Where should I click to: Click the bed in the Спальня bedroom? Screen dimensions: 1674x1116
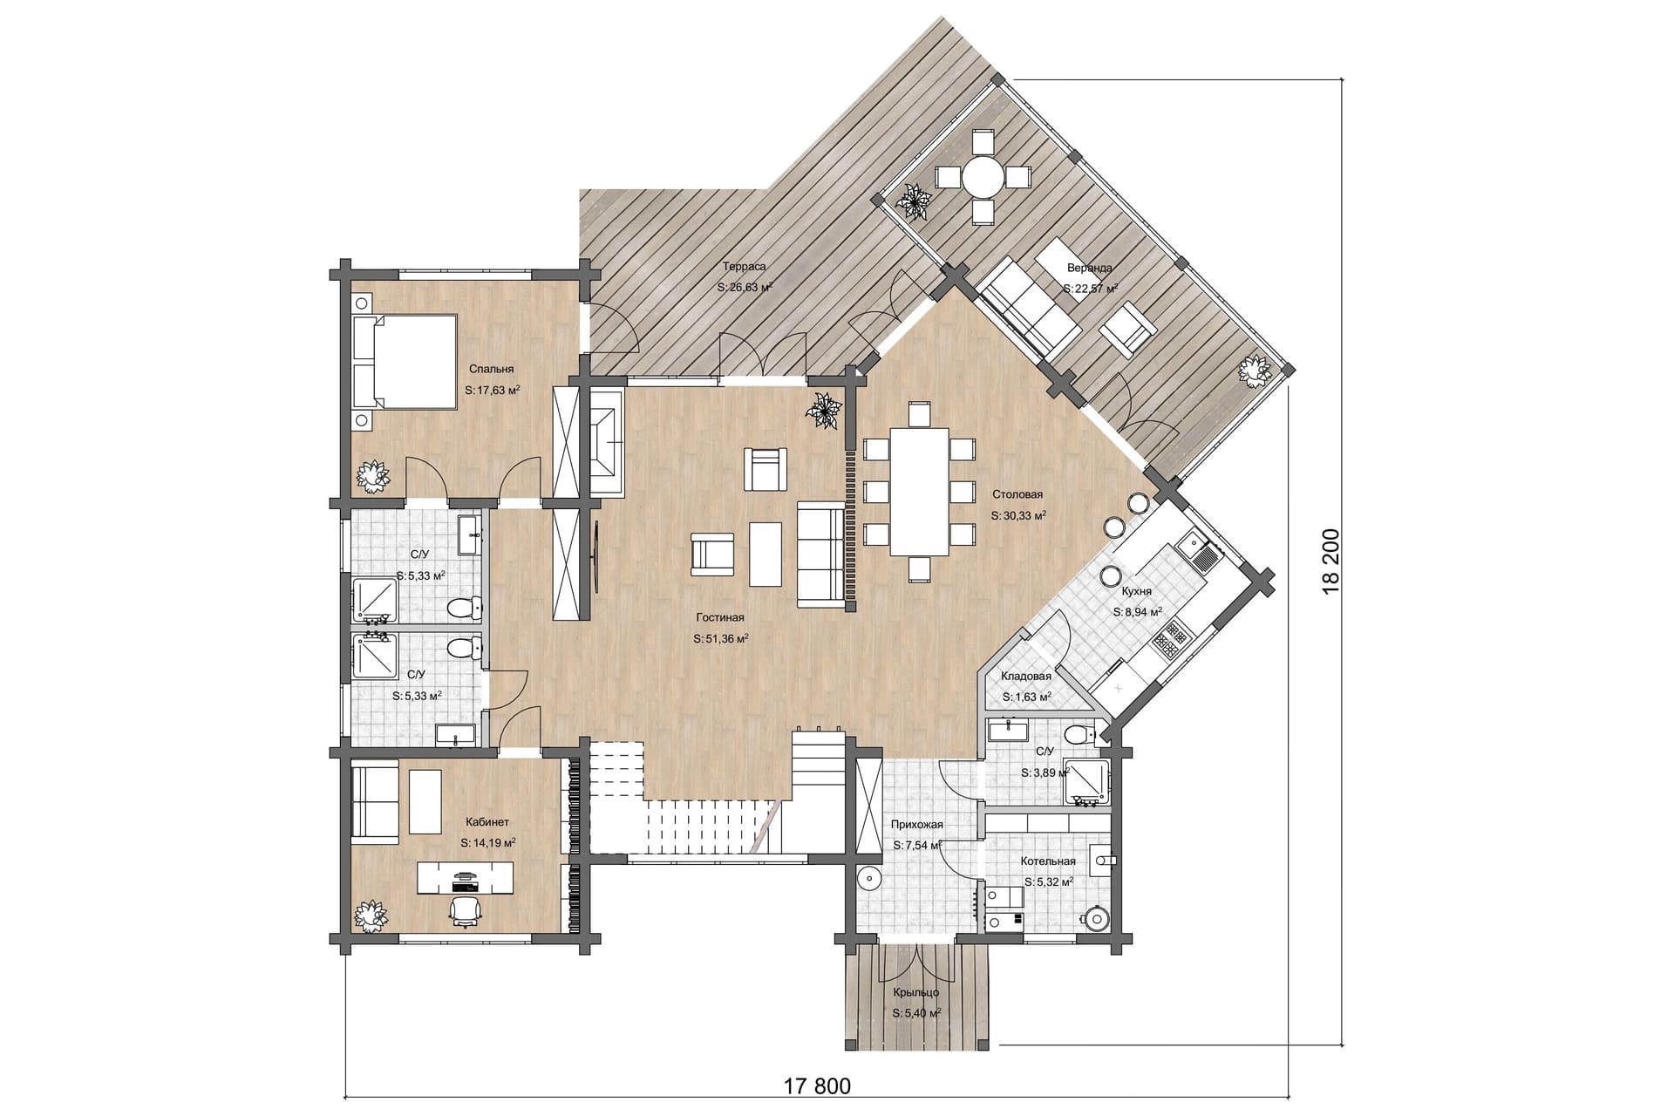tap(405, 361)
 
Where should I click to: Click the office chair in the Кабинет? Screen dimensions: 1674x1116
tap(466, 910)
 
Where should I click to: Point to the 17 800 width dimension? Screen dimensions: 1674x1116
tap(816, 1086)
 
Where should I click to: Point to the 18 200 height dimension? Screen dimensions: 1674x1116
tap(1331, 561)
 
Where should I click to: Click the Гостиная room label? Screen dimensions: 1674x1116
tap(720, 617)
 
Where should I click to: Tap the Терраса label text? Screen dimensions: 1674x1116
tap(745, 266)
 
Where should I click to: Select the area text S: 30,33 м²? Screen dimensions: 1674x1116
tap(1018, 515)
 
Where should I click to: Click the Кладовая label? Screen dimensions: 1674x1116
tap(1026, 676)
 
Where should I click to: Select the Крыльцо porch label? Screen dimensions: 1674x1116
tap(915, 992)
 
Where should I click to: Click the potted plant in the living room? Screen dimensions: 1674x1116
tap(823, 411)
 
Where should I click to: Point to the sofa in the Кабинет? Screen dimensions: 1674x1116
tap(375, 800)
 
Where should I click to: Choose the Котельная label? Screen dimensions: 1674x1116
tap(1048, 861)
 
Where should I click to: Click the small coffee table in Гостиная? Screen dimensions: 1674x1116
tap(765, 554)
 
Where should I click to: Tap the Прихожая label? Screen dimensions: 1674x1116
tap(916, 824)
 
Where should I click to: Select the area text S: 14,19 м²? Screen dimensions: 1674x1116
tap(487, 843)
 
